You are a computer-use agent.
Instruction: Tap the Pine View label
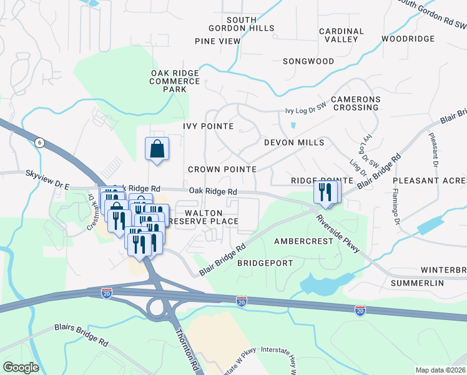pos(217,41)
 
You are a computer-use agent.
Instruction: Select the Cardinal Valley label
pos(341,35)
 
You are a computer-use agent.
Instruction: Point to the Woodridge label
pos(408,39)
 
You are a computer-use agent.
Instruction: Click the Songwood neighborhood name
pos(308,61)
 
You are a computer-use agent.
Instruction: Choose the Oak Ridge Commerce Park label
pos(175,81)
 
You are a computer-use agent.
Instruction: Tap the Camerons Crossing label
pos(355,103)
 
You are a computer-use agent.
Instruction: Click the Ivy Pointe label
pos(208,126)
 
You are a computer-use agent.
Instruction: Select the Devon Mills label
pos(293,142)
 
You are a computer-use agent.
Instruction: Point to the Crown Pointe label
pos(222,169)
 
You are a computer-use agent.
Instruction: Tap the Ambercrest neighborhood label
pos(303,241)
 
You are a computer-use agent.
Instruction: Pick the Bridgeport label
pos(265,263)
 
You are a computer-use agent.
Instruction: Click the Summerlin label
pos(417,283)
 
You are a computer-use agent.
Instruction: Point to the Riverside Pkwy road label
pos(338,234)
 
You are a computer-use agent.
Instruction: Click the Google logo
pos(21,367)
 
